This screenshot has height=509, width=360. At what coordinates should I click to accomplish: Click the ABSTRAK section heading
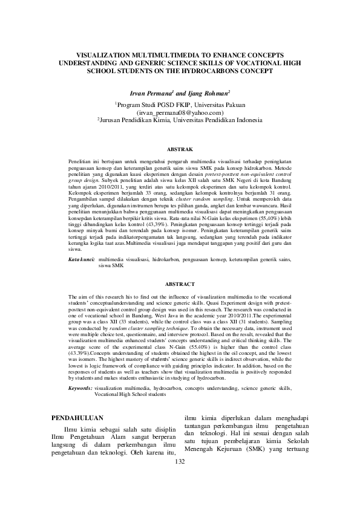[x=180, y=149]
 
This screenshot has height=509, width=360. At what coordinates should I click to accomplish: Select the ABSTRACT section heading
[x=180, y=284]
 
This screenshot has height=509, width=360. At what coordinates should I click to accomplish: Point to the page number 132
[x=179, y=496]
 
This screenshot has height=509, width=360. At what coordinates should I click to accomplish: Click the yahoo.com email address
[x=180, y=112]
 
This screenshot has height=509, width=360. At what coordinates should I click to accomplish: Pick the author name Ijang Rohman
[x=208, y=94]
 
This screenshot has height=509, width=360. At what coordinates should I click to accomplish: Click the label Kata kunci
[x=82, y=259]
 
